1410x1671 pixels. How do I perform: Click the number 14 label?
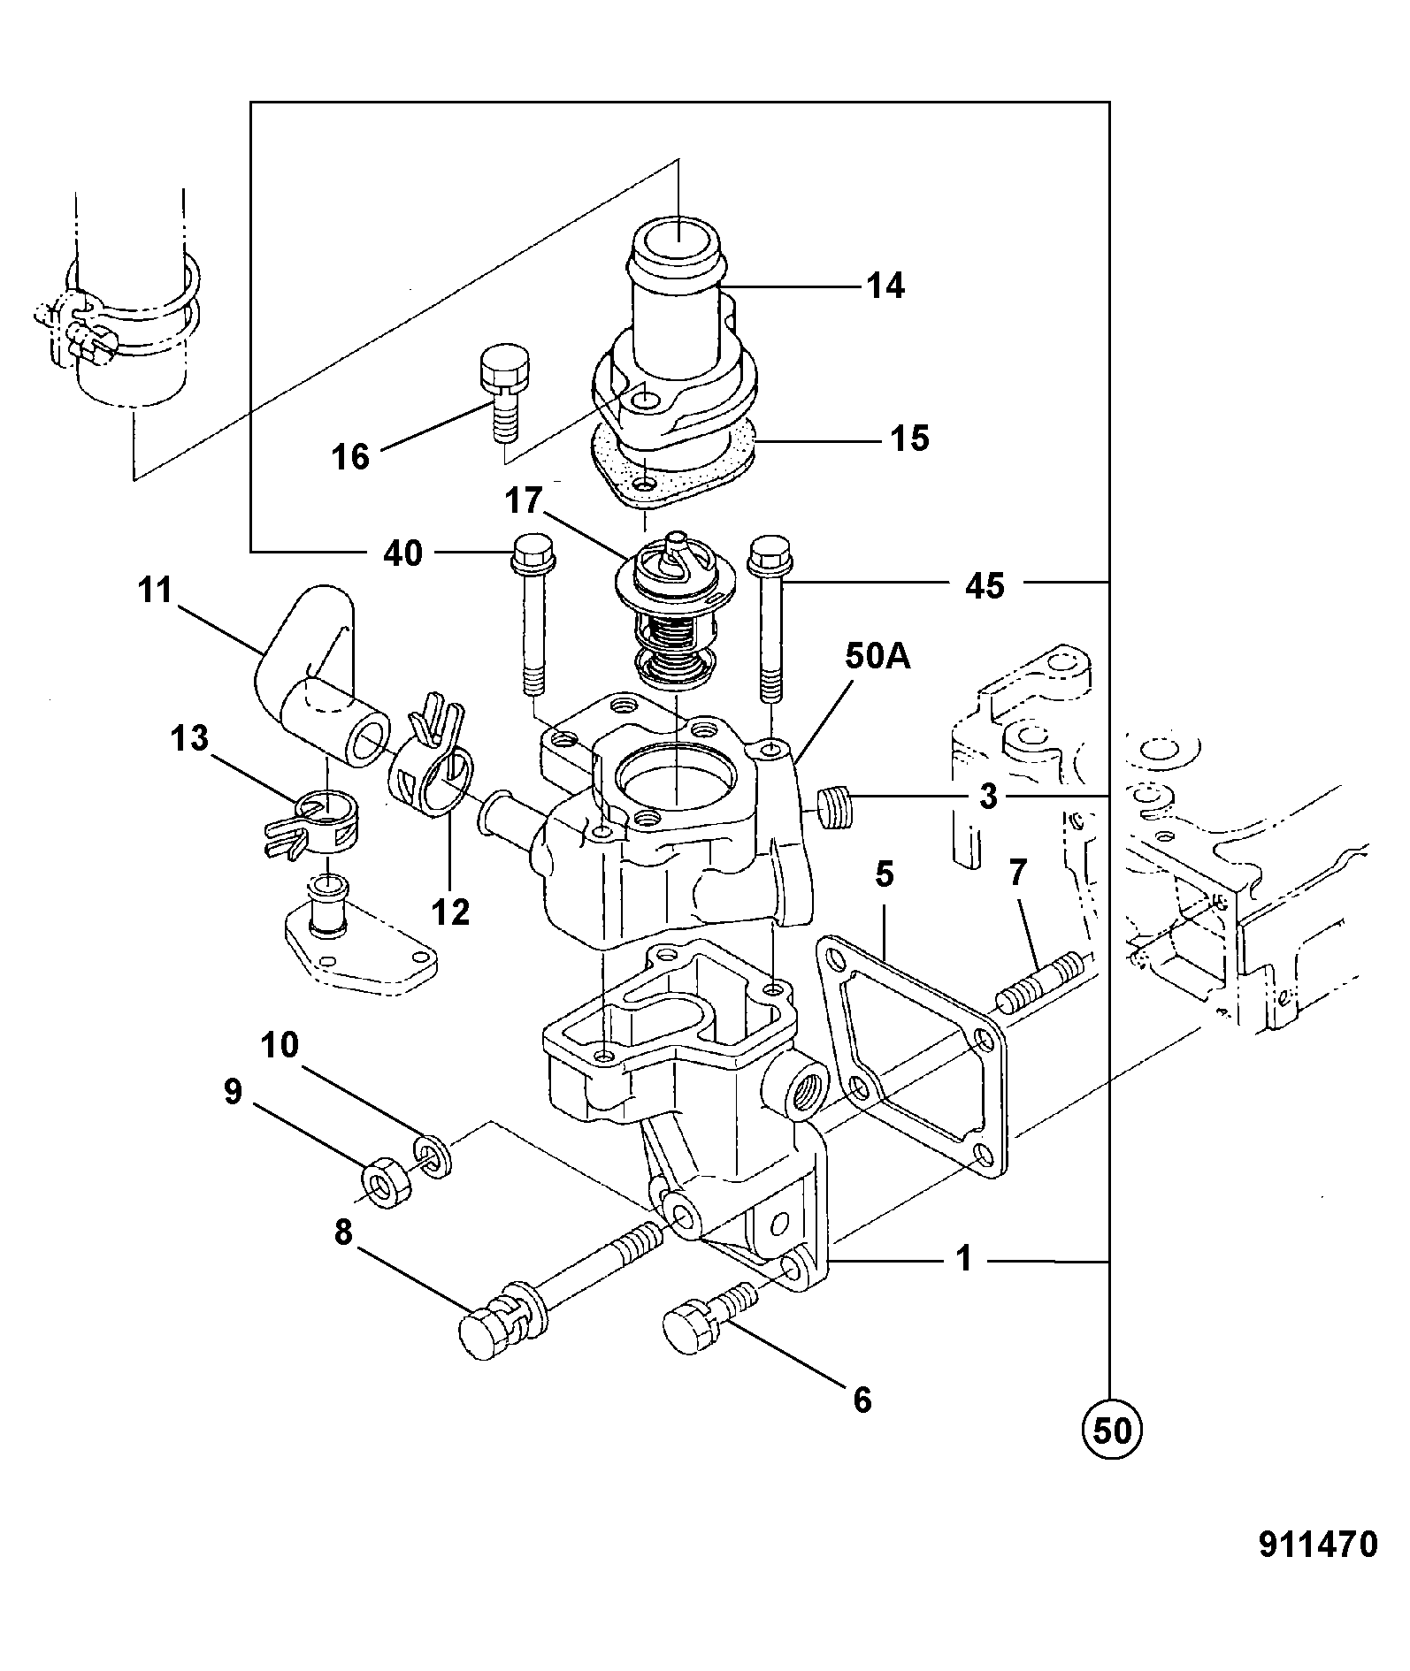pyautogui.click(x=885, y=286)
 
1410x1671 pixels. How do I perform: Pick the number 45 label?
pyautogui.click(x=985, y=585)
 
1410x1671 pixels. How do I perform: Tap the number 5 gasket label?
pyautogui.click(x=885, y=874)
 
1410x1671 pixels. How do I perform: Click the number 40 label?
pyautogui.click(x=402, y=553)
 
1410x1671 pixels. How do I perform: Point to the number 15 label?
pyautogui.click(x=909, y=438)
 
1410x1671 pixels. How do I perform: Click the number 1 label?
pyautogui.click(x=965, y=1258)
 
